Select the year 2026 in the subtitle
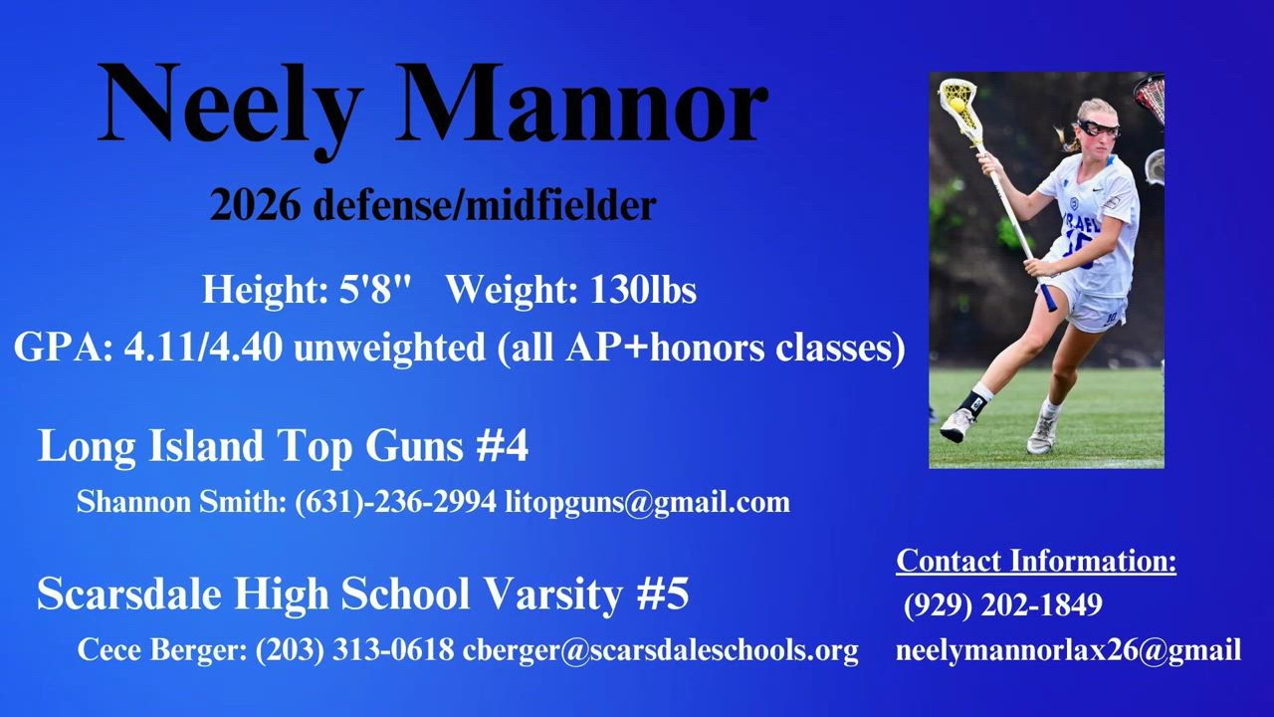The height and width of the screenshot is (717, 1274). (x=255, y=205)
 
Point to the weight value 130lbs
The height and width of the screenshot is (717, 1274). (x=643, y=289)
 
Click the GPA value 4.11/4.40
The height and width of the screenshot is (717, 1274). (x=204, y=348)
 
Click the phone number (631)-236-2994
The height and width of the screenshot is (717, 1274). (x=395, y=502)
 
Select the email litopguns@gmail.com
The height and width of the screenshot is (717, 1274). (x=648, y=503)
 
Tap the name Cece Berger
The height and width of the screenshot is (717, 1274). (x=161, y=650)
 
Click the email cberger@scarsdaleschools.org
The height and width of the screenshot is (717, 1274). (x=660, y=650)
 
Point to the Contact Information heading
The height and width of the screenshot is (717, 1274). (x=1036, y=561)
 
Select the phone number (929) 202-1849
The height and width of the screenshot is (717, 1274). (x=1003, y=604)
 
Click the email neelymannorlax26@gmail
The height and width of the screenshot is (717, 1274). (x=1069, y=650)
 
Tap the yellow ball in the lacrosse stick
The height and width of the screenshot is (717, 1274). (x=956, y=105)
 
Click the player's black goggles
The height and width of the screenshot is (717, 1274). (x=1099, y=128)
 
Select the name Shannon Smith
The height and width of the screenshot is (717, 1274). (x=181, y=502)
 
